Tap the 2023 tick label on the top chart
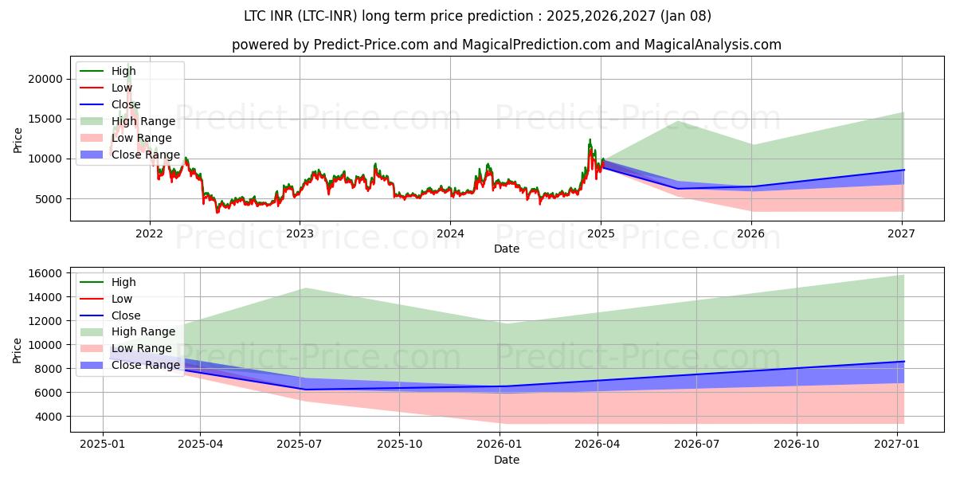[300, 233]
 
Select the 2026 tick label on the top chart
[750, 233]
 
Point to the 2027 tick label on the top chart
[901, 233]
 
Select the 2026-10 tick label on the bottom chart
[797, 445]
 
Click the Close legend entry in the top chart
[126, 104]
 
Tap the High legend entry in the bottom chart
[123, 282]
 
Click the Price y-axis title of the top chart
[18, 141]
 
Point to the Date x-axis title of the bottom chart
[506, 460]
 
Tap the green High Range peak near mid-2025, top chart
[677, 122]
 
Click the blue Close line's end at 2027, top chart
[903, 170]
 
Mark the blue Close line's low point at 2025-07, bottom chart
[302, 390]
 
